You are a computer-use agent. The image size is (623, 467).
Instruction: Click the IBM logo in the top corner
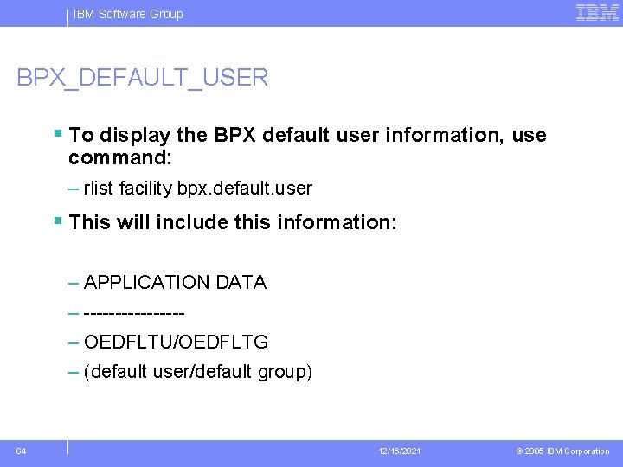[597, 12]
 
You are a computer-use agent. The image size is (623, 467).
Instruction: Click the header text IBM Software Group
[128, 14]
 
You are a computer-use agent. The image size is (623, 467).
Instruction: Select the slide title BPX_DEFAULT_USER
[143, 78]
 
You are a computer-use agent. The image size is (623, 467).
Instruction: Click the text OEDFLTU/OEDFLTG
[177, 342]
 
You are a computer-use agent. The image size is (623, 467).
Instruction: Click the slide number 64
[21, 451]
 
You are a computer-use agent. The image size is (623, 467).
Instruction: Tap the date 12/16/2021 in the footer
[400, 451]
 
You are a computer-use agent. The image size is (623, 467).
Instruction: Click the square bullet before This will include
[57, 221]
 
